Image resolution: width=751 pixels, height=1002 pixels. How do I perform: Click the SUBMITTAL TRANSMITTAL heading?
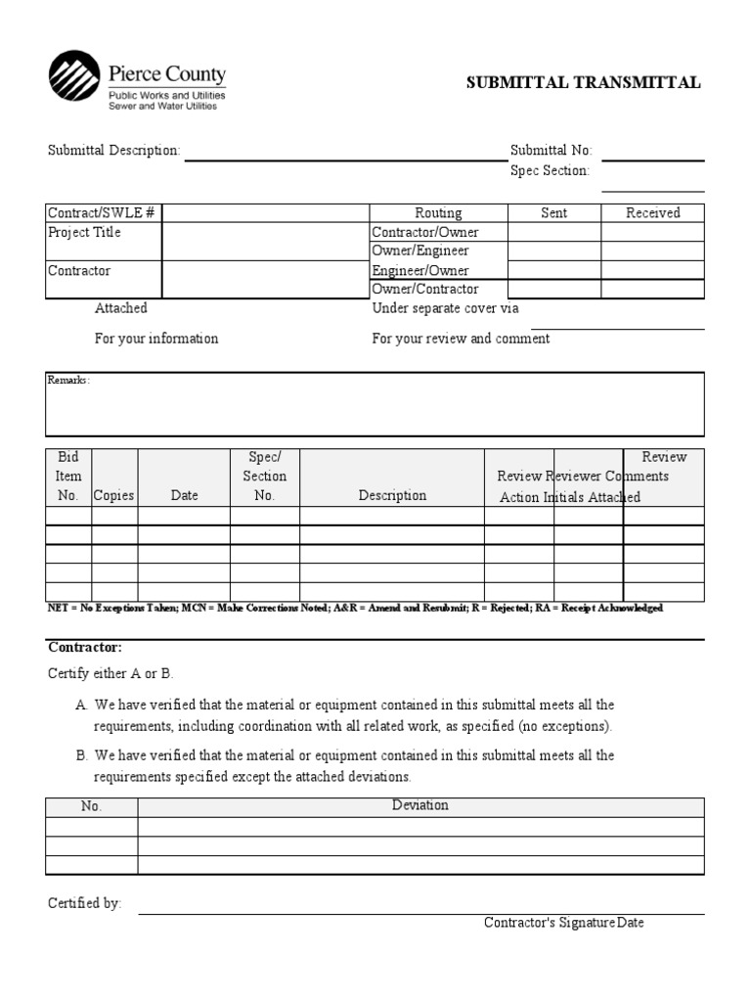[583, 82]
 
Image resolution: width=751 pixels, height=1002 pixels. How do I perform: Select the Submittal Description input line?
[345, 155]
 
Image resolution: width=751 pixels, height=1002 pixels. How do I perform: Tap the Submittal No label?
[551, 151]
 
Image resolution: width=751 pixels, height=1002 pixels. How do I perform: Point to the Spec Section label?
[550, 171]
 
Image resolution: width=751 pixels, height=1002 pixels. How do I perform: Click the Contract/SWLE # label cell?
[102, 212]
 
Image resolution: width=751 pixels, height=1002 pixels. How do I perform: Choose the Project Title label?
[85, 232]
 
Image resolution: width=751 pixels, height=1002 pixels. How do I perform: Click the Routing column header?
[438, 212]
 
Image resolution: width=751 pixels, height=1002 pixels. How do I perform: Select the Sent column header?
[553, 212]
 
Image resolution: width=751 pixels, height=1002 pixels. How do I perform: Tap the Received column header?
[652, 212]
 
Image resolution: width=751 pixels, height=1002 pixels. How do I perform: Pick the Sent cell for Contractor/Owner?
[553, 232]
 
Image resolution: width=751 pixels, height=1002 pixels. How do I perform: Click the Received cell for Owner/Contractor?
[652, 289]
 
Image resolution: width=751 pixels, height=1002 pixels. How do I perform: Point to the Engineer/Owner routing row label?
[420, 270]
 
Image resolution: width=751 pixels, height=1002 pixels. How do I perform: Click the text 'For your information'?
[156, 339]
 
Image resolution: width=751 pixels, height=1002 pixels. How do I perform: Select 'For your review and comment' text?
[461, 339]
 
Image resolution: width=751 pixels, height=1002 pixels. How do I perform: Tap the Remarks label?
[68, 380]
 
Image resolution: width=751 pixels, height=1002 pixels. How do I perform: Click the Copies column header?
[114, 495]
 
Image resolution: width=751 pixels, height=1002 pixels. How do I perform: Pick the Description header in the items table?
[392, 495]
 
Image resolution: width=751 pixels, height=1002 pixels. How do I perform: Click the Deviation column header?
[420, 805]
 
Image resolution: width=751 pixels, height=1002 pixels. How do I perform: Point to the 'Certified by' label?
[84, 904]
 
